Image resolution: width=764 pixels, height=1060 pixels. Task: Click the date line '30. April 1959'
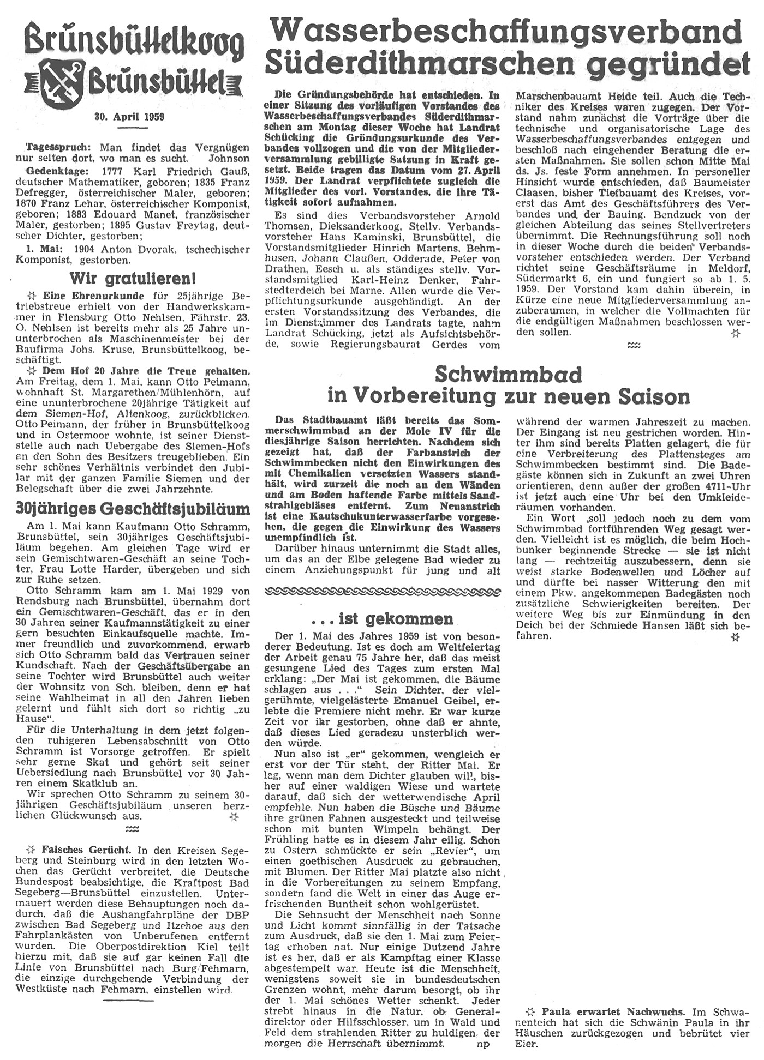pos(129,117)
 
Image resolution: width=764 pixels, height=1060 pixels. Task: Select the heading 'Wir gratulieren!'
pos(132,279)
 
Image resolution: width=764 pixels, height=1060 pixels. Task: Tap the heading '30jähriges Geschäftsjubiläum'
pos(133,509)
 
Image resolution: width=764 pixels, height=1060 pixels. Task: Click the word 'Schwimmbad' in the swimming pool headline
pos(508,374)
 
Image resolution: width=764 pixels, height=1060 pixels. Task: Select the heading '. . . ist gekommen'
pos(383,618)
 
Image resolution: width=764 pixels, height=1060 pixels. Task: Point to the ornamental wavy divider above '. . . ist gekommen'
pos(382,592)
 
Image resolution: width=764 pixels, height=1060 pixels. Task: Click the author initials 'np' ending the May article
pos(482,1044)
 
